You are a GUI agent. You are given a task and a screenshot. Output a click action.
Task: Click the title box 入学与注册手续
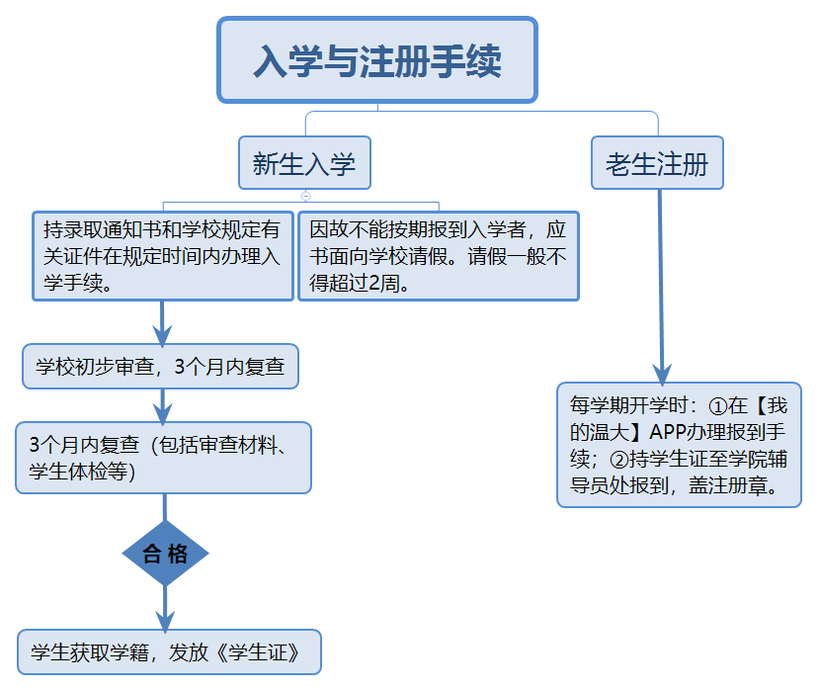point(376,60)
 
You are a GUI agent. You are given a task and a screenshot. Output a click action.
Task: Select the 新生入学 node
point(304,163)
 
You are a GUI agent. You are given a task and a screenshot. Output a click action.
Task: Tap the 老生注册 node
point(657,163)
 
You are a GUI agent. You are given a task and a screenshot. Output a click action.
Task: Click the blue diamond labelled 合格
point(165,554)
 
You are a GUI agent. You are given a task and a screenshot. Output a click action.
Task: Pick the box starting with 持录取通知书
point(163,256)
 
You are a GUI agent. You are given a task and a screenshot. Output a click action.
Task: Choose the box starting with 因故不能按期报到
point(438,256)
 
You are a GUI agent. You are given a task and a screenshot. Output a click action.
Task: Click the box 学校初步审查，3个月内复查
point(160,367)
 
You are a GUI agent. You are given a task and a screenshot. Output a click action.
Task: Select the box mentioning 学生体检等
point(163,457)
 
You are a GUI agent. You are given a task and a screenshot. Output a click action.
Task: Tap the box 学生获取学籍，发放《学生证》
point(169,652)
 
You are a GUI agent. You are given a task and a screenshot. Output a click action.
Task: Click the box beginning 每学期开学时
point(679,445)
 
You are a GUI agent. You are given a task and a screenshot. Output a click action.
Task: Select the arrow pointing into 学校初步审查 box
point(162,322)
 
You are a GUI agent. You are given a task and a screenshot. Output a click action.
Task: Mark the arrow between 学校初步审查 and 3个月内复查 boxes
point(163,405)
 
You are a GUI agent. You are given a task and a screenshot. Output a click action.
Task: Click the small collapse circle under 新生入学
point(305,196)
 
